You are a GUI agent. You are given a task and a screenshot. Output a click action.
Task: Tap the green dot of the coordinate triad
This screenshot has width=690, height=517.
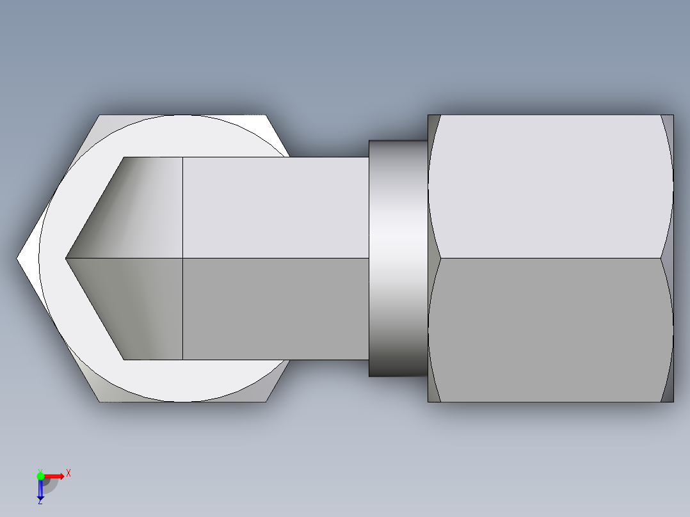[40, 475]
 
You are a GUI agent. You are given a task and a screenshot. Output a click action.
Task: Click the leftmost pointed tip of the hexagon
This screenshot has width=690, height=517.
[18, 258]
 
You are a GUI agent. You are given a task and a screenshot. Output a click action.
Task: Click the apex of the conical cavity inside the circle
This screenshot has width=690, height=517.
[66, 258]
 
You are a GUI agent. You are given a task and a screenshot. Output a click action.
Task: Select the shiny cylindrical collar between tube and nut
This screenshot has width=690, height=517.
[397, 258]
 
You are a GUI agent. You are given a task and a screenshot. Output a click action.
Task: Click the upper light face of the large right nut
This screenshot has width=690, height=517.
[550, 186]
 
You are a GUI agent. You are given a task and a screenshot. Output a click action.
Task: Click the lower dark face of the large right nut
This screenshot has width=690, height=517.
[550, 330]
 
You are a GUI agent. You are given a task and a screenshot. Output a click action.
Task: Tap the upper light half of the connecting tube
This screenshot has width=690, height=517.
[275, 208]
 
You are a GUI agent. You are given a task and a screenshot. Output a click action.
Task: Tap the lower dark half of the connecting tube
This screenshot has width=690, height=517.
[275, 308]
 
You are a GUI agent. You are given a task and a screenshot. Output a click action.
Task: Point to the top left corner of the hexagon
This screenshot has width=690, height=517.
[99, 116]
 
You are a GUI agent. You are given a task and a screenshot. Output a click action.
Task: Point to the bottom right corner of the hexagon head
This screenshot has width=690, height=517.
[266, 401]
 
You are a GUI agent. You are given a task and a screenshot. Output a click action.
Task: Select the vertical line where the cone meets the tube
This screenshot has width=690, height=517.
[183, 258]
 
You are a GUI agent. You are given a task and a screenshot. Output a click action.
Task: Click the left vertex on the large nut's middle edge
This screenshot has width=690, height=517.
[441, 258]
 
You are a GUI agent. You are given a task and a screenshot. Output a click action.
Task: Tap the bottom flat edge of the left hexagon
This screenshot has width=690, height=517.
[182, 402]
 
